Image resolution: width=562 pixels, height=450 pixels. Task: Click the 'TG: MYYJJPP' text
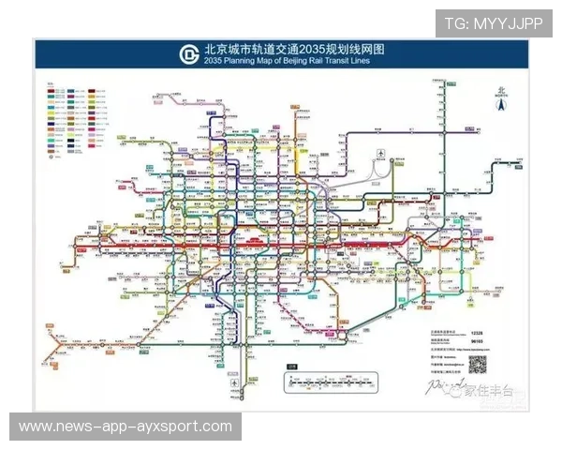point(494,22)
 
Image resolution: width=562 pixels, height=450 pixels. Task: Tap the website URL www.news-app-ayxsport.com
point(126,427)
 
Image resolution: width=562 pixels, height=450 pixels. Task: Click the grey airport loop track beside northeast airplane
point(386,170)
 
